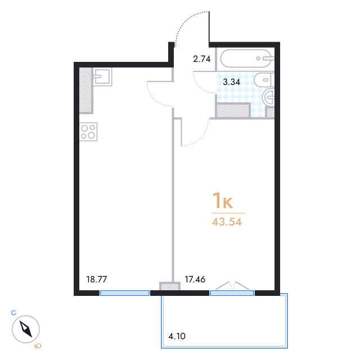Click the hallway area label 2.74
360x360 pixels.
pos(201,59)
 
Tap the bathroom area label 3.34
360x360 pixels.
pos(231,82)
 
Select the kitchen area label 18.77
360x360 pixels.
pos(96,280)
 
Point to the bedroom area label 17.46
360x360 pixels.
pos(195,280)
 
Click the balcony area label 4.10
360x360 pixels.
pos(177,336)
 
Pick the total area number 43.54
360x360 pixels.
pos(227,222)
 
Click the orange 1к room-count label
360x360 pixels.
pos(223,201)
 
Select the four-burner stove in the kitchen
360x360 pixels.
pos(88,132)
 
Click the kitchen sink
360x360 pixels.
pos(102,76)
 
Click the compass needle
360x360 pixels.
pos(26,329)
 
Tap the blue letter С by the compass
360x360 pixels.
pos(13,313)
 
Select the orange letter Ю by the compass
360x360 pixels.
pos(38,346)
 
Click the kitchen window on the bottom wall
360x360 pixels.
pos(125,292)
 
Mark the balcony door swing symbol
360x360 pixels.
pos(232,286)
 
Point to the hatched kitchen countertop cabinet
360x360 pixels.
pos(86,91)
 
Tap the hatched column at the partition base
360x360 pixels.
pos(170,286)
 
